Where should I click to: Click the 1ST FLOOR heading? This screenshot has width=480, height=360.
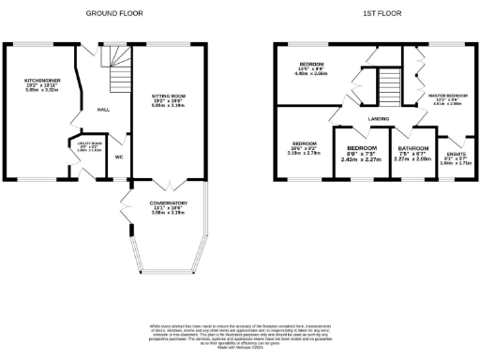378,14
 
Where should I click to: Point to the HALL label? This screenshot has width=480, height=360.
104,110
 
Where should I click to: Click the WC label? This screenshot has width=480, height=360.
119,157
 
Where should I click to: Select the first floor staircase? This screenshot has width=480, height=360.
387,90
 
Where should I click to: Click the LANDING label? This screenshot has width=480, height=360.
379,118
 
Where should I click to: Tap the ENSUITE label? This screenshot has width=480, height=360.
450,156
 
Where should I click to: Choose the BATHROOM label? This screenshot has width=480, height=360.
412,148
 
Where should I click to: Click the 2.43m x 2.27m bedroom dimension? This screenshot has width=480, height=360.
362,158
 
